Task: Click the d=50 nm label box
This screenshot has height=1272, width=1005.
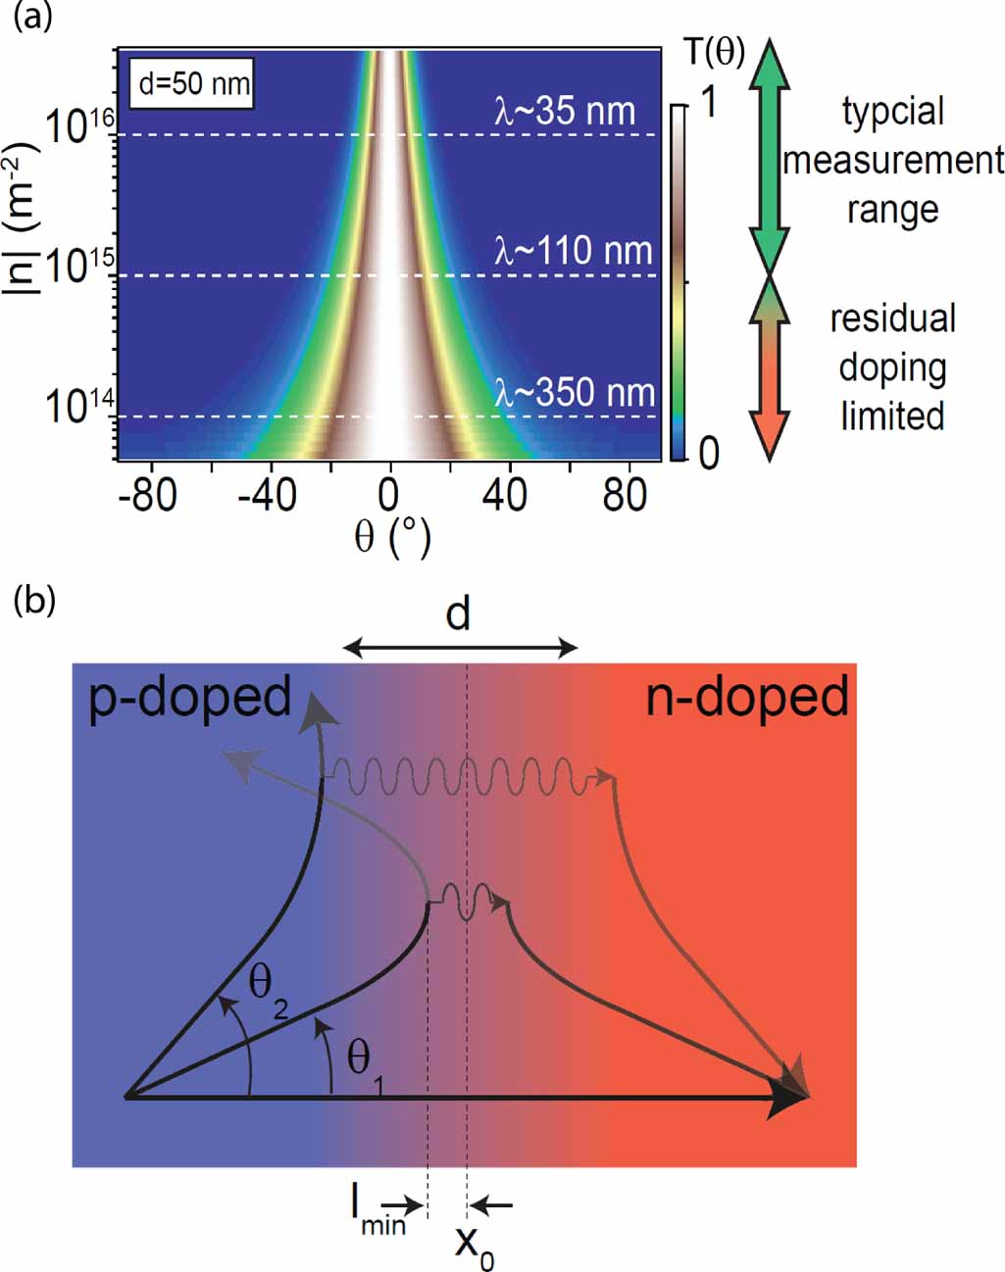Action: coord(194,83)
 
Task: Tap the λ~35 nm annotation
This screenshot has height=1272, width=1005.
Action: coord(565,111)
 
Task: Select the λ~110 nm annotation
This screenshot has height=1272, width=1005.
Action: coord(573,252)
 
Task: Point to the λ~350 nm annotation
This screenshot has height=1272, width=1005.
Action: coord(575,393)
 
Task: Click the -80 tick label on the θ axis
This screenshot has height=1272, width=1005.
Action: coord(148,496)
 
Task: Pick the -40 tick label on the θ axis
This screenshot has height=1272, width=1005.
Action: coord(268,496)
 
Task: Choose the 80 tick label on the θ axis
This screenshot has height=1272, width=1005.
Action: coord(625,496)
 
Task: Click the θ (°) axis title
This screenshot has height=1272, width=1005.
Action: coord(391,536)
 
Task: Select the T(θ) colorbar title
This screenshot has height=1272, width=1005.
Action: coord(714,51)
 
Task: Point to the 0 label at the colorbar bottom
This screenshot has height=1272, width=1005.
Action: coord(708,453)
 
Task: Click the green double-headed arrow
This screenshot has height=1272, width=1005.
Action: coord(771,157)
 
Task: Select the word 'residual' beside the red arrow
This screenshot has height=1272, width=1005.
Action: coord(892,318)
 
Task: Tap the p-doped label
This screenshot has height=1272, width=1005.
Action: coord(190,697)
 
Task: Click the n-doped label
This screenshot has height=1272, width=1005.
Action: coord(747,699)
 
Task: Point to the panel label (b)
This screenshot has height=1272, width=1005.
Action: coord(33,600)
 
